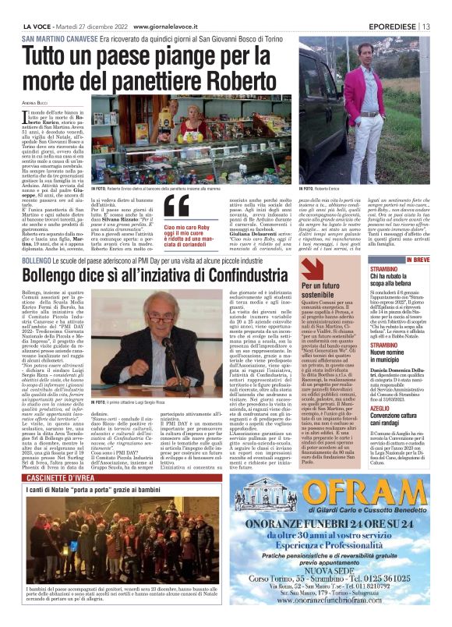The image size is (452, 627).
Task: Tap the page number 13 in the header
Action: (440, 8)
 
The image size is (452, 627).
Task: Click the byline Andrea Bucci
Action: (34, 103)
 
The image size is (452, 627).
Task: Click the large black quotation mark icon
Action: (177, 205)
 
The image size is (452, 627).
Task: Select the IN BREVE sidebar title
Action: (418, 259)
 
